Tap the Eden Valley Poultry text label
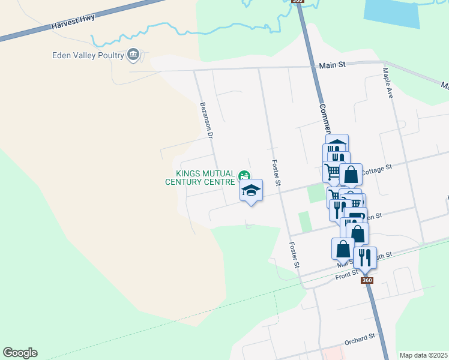click(x=88, y=56)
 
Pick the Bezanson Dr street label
click(x=206, y=119)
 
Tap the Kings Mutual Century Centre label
click(x=200, y=178)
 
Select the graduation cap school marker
click(x=252, y=191)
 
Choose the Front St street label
click(x=346, y=275)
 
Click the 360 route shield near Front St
click(x=367, y=280)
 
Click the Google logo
click(x=20, y=353)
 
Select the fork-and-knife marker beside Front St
click(x=365, y=258)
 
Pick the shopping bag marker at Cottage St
click(x=351, y=175)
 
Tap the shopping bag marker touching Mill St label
click(x=343, y=249)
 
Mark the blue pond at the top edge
click(x=391, y=13)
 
